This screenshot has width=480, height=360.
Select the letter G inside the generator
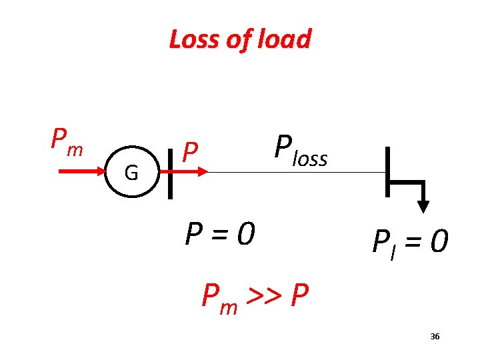[x=131, y=173]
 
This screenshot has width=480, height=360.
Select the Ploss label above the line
[x=300, y=151]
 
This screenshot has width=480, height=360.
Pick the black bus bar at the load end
[x=387, y=173]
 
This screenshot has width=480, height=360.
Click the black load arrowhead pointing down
[x=423, y=206]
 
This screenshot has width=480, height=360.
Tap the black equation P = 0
[x=220, y=233]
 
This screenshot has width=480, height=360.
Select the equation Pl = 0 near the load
[x=409, y=242]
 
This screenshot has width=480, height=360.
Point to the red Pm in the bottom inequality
[x=219, y=296]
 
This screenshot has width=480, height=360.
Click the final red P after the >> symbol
[x=299, y=294]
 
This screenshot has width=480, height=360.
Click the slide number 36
[x=435, y=337]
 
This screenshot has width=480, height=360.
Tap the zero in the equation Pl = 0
[x=438, y=242]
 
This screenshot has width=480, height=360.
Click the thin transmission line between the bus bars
[x=293, y=172]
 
